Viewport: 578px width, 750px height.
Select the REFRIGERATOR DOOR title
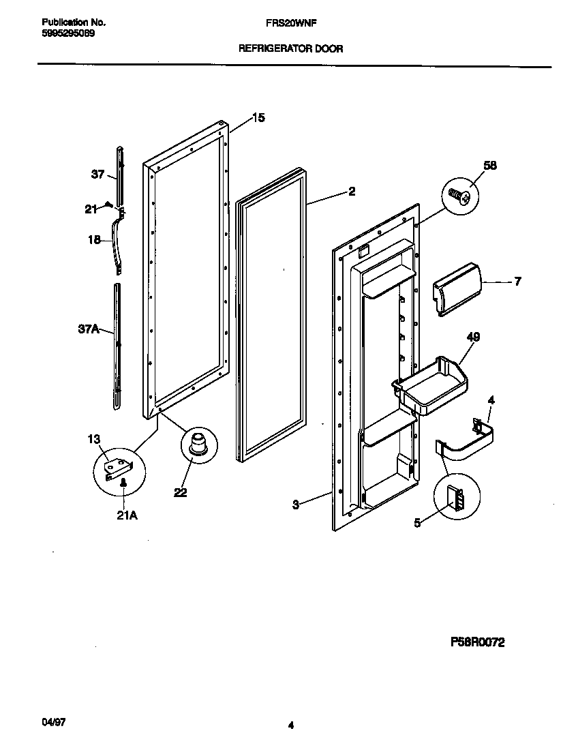coord(290,49)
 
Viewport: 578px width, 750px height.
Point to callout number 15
coord(258,118)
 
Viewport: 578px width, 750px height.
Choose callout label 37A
coord(89,330)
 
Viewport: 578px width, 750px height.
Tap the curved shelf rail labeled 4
coord(470,442)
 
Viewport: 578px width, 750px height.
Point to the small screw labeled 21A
coord(123,483)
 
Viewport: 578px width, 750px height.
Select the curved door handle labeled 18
coord(119,240)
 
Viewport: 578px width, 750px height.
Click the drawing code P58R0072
coord(477,642)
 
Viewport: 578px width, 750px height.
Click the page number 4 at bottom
coord(290,725)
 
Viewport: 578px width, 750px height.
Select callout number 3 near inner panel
coord(295,505)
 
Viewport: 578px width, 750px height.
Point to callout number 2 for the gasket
coord(351,192)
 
